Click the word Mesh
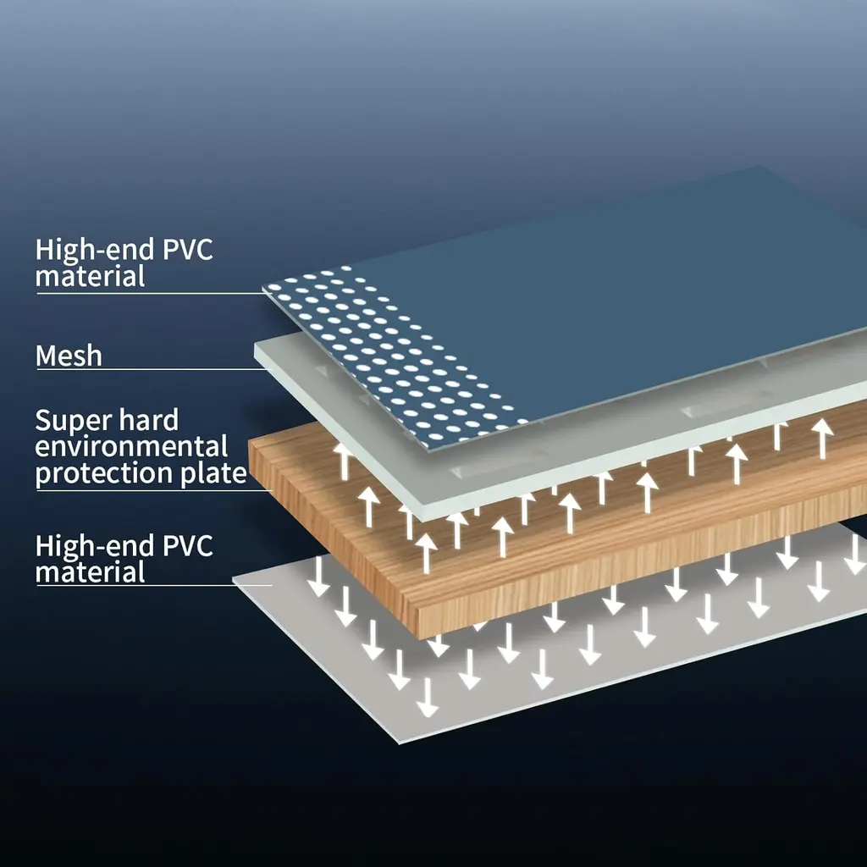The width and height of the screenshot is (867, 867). point(69,356)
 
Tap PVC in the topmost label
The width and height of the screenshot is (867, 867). point(185,251)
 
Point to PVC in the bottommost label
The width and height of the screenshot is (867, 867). point(185,546)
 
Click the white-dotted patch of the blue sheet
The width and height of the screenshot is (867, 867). point(389,356)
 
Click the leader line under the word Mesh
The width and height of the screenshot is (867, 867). point(144,369)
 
